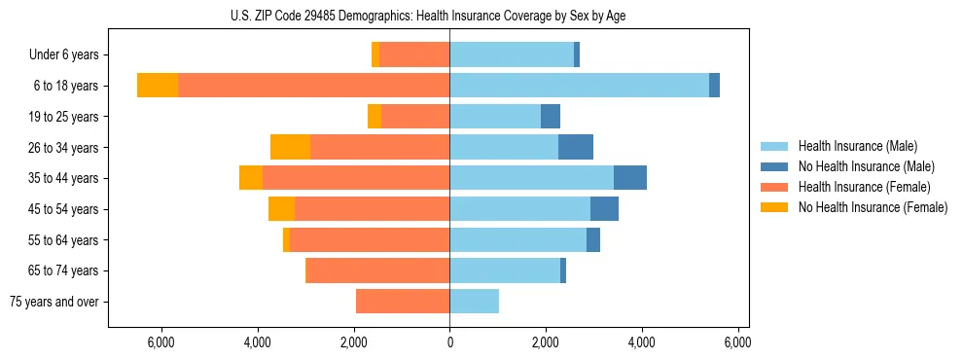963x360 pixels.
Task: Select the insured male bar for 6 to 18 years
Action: point(579,86)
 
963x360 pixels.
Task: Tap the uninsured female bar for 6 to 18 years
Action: point(158,86)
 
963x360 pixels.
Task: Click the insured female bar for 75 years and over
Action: point(403,302)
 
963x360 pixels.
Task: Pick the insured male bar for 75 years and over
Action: point(474,302)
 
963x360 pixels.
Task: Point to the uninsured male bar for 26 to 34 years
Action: point(576,147)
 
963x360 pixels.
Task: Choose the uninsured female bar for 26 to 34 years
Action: point(290,147)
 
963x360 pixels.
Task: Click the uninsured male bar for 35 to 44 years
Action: point(630,178)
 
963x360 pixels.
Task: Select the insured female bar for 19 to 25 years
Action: point(415,117)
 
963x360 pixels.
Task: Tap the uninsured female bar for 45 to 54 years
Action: point(281,209)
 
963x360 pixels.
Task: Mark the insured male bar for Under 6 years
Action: point(512,54)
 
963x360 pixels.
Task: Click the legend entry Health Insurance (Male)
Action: point(857,146)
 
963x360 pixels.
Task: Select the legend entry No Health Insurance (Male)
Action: point(866,166)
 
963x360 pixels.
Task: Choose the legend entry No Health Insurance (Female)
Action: point(873,207)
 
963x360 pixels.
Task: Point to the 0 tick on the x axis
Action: point(449,343)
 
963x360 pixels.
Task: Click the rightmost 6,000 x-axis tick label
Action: point(738,343)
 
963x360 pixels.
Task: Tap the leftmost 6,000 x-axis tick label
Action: point(160,343)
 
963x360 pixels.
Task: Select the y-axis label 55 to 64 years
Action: point(64,240)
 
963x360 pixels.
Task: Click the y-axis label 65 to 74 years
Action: point(64,270)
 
